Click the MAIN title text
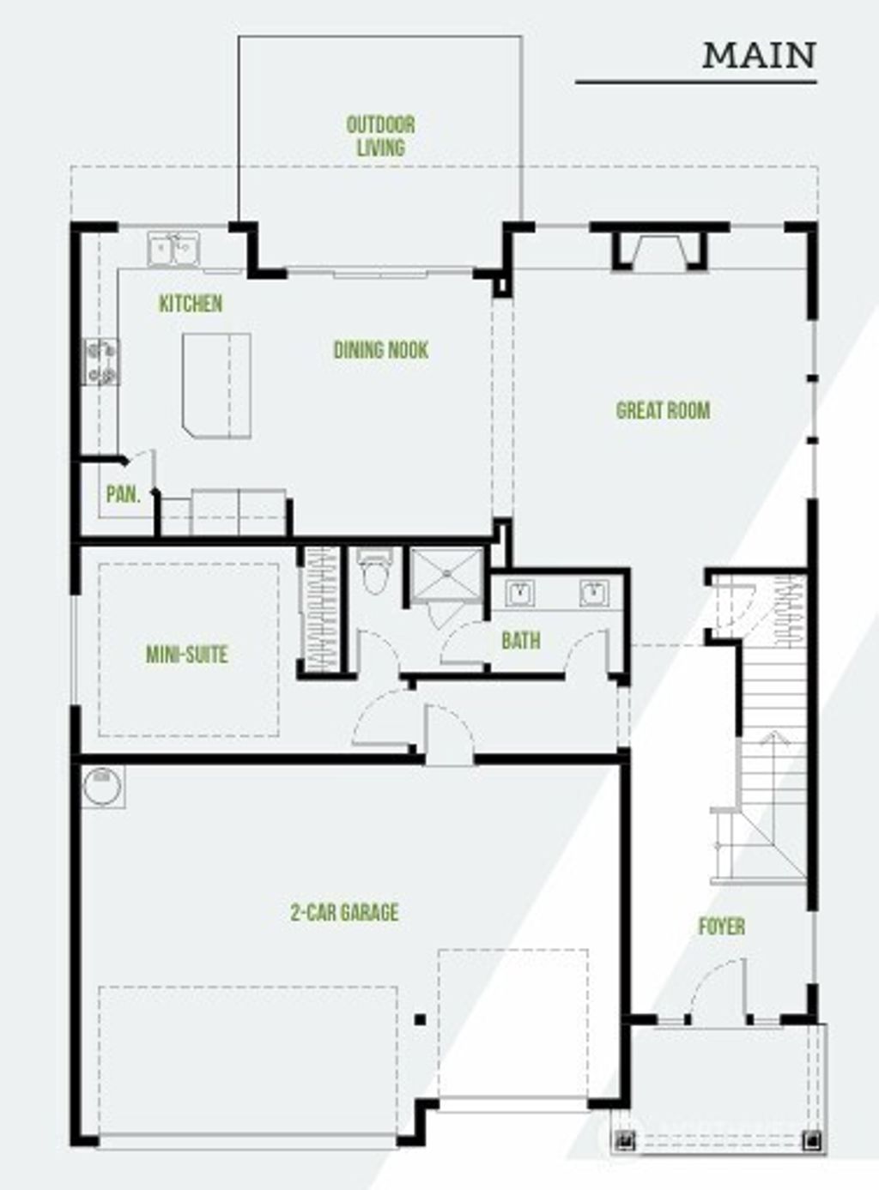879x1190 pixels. [759, 56]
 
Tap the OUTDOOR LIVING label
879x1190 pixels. [380, 136]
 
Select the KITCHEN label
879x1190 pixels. [191, 304]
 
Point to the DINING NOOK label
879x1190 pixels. [380, 350]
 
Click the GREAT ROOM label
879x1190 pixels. [663, 410]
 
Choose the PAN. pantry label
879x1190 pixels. [123, 494]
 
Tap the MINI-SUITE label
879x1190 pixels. [186, 655]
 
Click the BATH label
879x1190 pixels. [521, 640]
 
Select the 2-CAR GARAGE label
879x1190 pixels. [344, 912]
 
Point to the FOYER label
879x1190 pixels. [721, 927]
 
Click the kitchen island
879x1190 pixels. [216, 384]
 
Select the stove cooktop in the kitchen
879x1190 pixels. [101, 361]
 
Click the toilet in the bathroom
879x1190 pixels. [374, 571]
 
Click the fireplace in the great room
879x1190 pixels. [659, 248]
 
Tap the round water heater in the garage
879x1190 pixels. [102, 786]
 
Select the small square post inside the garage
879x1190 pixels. [420, 1019]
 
